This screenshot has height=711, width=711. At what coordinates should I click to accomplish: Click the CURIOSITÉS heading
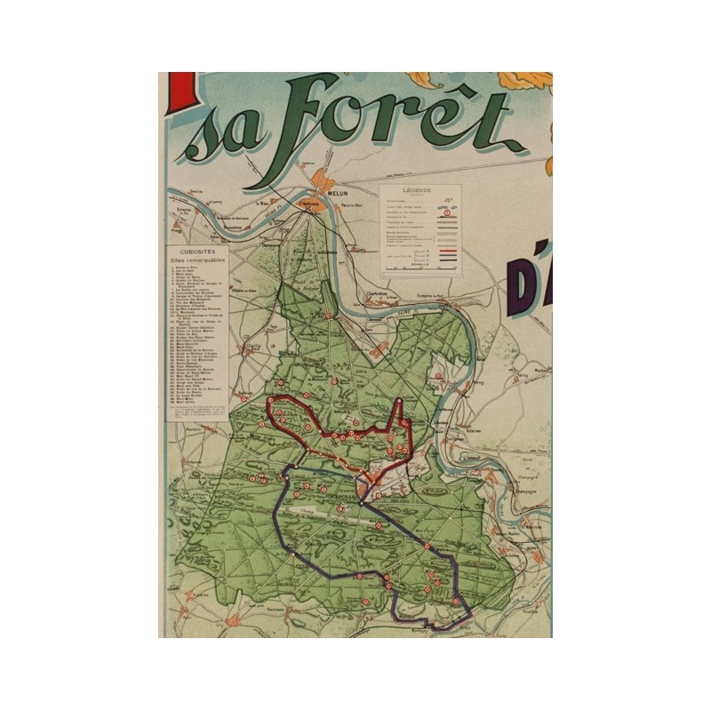196,252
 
